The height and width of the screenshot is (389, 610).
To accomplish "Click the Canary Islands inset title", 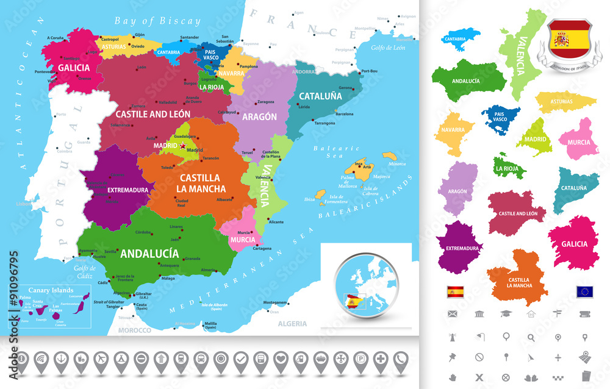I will click(46, 290).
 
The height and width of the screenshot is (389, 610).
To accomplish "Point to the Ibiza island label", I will click(309, 199).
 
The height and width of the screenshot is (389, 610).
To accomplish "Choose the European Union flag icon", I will click(585, 291).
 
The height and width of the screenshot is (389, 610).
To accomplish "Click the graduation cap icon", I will click(505, 314).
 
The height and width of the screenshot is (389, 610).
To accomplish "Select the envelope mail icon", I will click(452, 314).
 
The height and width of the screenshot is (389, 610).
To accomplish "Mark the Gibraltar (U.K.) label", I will click(160, 294).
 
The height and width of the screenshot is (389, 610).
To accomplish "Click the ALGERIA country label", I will click(292, 324).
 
